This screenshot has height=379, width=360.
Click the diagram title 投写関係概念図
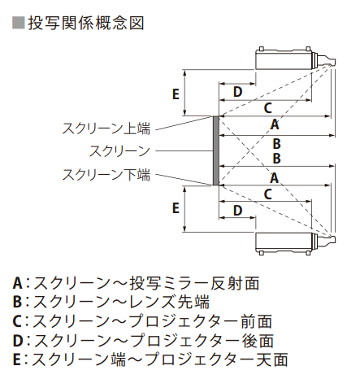click(86, 23)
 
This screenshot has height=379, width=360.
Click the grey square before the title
click(19, 23)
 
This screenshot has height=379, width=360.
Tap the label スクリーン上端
click(106, 129)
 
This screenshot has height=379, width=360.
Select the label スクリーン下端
click(106, 175)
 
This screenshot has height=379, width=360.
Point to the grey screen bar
click(216, 150)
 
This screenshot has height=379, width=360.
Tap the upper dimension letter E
click(176, 94)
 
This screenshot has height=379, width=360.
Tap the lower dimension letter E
click(176, 208)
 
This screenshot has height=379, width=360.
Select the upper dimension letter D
click(237, 92)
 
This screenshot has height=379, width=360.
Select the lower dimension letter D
click(237, 211)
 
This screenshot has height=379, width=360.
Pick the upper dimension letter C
click(267, 108)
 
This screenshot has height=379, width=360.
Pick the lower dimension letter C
click(267, 194)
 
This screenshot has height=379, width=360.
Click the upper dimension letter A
click(275, 124)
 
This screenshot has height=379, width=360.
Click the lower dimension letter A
click(274, 178)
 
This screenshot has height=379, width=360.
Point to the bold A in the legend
click(17, 283)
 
